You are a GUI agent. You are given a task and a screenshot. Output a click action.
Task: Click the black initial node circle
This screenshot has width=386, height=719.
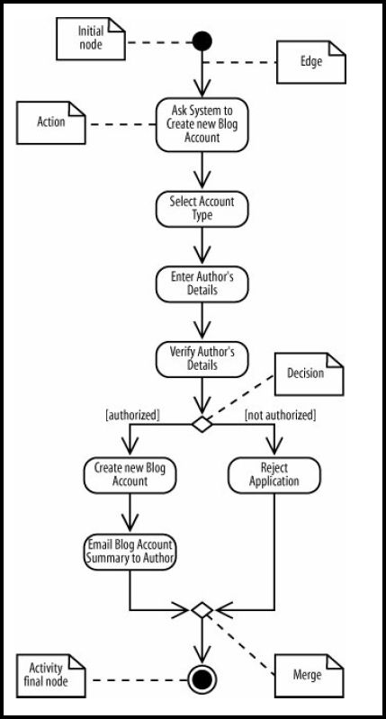(x=202, y=41)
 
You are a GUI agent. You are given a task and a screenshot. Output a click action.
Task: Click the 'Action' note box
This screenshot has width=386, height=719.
(x=52, y=121)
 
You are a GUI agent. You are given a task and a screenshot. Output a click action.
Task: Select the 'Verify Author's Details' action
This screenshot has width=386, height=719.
(x=202, y=358)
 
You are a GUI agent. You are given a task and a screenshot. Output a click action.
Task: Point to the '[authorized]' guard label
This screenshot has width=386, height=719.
(x=132, y=415)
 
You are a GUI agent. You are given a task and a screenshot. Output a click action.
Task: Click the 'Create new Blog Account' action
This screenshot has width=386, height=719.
(x=130, y=475)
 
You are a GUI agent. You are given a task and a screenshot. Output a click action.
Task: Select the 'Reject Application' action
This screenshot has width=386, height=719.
(x=274, y=475)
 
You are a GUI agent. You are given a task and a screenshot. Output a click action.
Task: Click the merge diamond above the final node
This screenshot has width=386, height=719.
(x=202, y=611)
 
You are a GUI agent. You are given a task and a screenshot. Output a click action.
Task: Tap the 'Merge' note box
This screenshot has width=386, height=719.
(x=310, y=674)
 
